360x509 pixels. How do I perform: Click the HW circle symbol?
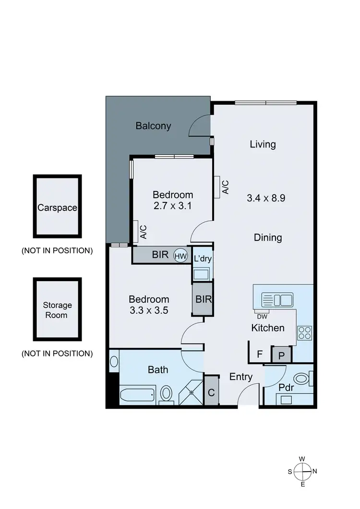click(180, 256)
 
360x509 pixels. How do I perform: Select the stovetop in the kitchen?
click(305, 332)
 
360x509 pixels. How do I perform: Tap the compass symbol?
click(302, 471)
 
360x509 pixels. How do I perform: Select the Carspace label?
click(57, 208)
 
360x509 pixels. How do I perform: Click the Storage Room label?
click(57, 310)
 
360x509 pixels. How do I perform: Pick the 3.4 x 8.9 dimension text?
click(266, 198)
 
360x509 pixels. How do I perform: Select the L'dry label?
click(203, 259)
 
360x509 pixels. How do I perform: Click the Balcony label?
click(153, 126)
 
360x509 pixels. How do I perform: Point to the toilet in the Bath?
click(166, 394)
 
